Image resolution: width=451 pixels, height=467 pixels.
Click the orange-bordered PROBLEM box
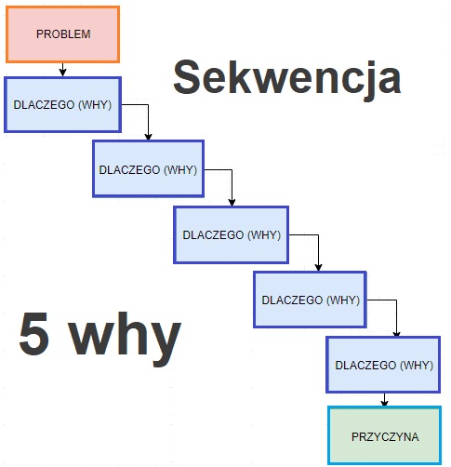(x=63, y=34)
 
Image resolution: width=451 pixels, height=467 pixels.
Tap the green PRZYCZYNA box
(x=384, y=435)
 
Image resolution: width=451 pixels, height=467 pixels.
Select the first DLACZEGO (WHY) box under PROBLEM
(x=62, y=105)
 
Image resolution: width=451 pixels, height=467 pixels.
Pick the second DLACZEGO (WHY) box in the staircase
(x=148, y=168)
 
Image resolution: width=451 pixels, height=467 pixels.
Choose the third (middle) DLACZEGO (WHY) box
(x=232, y=234)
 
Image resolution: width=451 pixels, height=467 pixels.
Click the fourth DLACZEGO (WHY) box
(x=310, y=300)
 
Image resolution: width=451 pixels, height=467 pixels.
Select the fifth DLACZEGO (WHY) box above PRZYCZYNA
(x=383, y=365)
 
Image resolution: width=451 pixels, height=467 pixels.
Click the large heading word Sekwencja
(x=287, y=78)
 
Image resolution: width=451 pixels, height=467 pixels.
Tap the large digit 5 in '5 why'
(x=33, y=333)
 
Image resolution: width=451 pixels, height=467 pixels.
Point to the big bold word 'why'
(x=125, y=340)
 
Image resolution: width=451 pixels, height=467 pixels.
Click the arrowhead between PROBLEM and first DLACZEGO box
(x=62, y=73)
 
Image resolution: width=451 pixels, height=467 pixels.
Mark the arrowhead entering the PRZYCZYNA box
(x=384, y=403)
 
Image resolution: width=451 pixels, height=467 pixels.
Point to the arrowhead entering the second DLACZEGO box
(x=148, y=137)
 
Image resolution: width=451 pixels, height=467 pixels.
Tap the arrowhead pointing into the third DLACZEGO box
(x=232, y=202)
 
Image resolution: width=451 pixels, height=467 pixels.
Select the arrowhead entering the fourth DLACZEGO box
(x=318, y=267)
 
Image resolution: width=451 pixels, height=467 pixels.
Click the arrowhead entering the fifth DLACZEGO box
(x=396, y=333)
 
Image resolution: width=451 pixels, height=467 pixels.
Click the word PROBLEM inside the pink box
(x=63, y=34)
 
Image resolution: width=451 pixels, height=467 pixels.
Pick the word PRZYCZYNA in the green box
(x=385, y=437)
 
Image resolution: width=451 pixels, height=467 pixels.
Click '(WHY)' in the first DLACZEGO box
(x=95, y=105)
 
